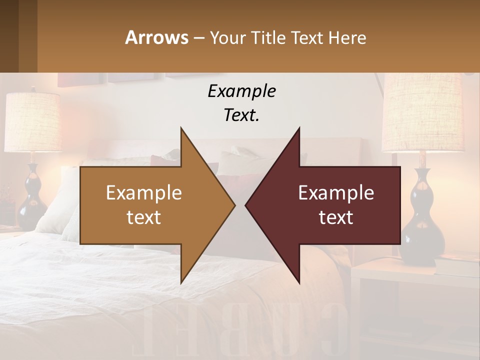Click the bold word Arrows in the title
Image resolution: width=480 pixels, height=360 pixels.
point(156,37)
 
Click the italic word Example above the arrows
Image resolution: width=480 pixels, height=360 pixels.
point(241,91)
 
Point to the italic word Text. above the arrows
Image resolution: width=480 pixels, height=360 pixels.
point(241,115)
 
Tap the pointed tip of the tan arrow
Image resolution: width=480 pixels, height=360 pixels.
point(233,205)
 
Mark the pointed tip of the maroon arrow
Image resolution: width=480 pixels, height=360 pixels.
point(246,205)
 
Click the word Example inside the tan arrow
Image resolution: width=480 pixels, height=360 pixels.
point(143,193)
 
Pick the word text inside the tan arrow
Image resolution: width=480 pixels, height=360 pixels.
point(143,217)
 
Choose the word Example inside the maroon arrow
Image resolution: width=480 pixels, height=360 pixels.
point(336,193)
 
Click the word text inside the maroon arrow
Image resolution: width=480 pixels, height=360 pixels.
point(336,217)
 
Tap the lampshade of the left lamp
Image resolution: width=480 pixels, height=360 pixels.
point(32,122)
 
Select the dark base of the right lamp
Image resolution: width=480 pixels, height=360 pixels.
point(422,220)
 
